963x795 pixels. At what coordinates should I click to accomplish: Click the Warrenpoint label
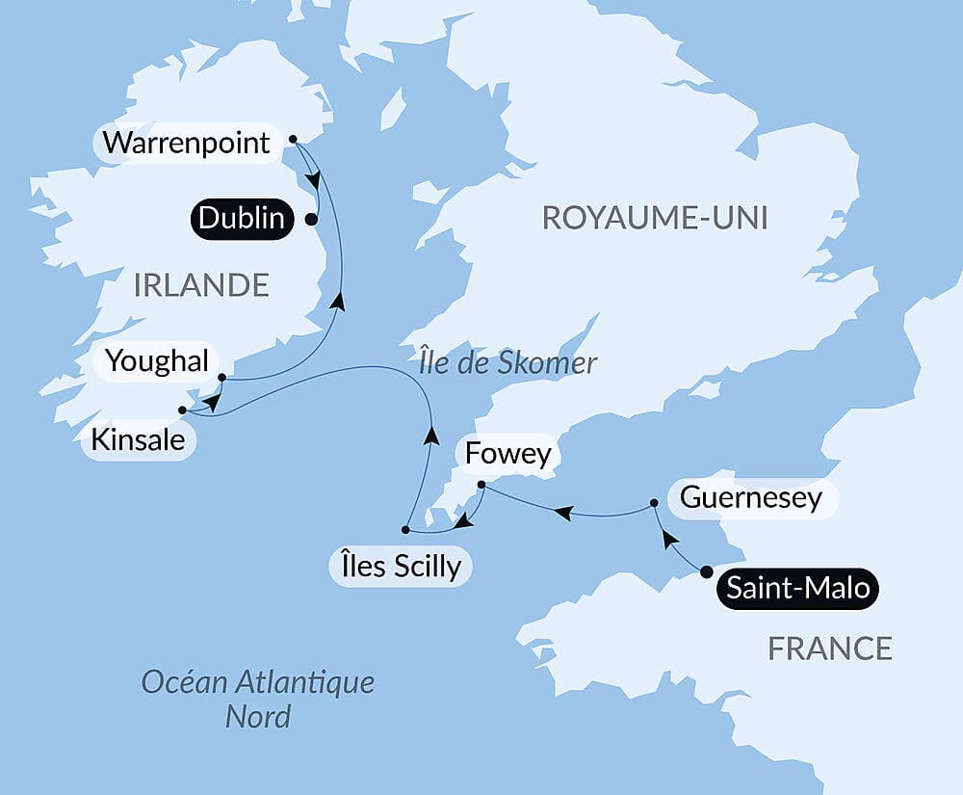[186, 143]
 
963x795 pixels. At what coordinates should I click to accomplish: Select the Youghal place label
[156, 361]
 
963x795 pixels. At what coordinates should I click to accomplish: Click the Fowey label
[508, 454]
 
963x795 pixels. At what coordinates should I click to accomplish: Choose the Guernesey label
[751, 498]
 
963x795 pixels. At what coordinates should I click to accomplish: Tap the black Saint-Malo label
[798, 588]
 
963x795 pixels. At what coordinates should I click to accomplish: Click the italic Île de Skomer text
[508, 363]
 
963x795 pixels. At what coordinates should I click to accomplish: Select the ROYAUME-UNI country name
[655, 218]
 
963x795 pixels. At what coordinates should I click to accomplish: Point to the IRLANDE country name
[201, 285]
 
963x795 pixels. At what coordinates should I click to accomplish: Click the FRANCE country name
[829, 649]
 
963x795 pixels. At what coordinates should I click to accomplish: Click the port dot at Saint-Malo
[707, 572]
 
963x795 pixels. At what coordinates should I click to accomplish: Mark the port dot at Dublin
[311, 219]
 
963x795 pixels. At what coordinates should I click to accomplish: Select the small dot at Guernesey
[654, 502]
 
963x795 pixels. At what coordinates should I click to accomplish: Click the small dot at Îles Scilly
[405, 530]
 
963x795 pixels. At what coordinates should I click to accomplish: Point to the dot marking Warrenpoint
[293, 139]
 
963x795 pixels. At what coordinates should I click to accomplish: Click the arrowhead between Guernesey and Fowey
[564, 515]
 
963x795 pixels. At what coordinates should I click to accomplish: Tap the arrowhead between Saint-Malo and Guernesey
[670, 539]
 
